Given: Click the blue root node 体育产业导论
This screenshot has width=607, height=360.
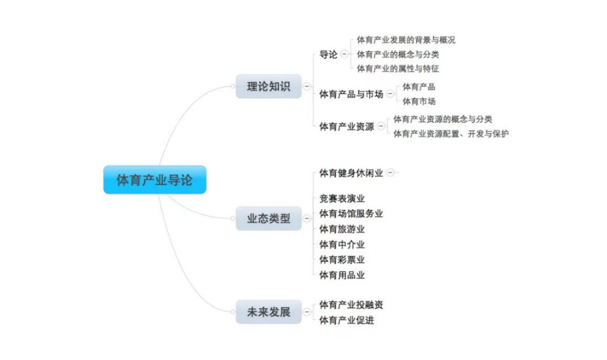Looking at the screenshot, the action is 154,180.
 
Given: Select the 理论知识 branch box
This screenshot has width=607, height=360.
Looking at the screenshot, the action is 268,87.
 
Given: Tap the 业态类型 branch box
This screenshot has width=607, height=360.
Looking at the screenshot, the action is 268,218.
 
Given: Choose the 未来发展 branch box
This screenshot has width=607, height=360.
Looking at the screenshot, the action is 268,311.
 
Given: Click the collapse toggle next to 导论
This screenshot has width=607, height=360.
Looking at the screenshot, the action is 344,54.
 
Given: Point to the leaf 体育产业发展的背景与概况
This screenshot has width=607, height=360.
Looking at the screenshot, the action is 406,40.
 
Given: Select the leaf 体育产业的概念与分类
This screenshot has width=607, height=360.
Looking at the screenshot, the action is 398,54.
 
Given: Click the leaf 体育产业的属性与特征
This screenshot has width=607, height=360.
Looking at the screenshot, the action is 398,69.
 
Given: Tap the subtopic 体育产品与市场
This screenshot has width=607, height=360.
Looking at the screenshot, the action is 351,94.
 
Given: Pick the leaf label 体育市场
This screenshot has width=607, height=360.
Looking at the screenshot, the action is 419,101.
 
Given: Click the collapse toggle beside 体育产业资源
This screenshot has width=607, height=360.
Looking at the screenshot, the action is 381,126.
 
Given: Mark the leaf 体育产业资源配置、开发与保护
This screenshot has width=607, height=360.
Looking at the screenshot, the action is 451,134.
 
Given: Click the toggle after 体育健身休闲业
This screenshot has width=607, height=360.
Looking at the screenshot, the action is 390,173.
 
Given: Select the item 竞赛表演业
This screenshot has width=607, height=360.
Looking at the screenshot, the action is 342,199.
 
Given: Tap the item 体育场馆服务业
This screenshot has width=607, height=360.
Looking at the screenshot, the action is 351,213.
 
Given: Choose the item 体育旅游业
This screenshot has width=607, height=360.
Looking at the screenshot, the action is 342,229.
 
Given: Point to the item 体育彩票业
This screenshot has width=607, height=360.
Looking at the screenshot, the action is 342,260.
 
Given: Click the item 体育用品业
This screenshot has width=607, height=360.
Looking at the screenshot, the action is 342,275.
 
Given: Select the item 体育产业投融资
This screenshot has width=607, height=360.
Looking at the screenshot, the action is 351,305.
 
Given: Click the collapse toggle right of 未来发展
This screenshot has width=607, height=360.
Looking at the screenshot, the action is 307,312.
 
